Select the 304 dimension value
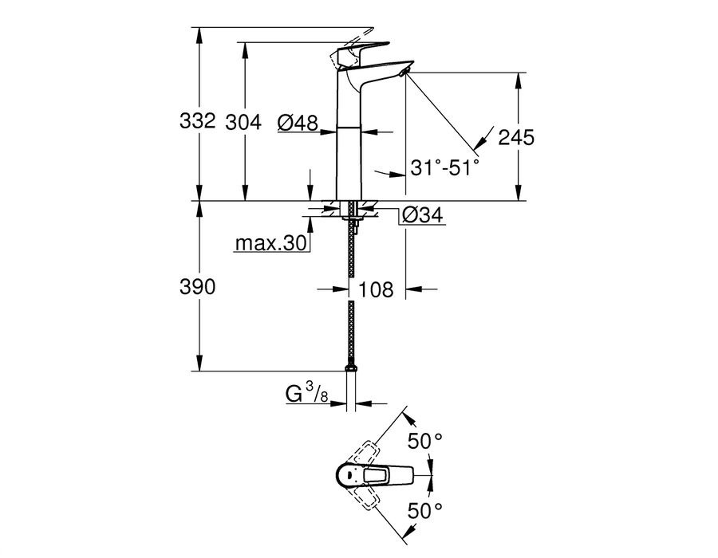(x=243, y=122)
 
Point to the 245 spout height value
(x=515, y=136)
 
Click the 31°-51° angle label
(x=445, y=167)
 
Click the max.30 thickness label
(x=271, y=244)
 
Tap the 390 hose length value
(x=197, y=287)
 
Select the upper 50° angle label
(x=424, y=440)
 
